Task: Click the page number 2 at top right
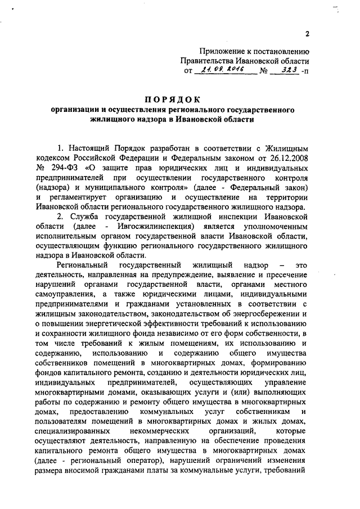click(308, 34)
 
